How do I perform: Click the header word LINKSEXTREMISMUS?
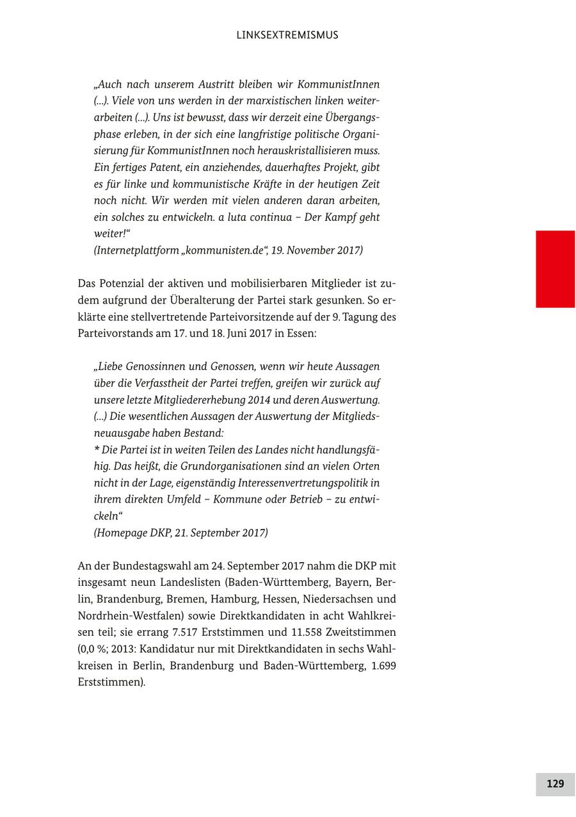coord(287,35)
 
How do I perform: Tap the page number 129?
coord(555,784)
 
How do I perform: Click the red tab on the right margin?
coord(555,269)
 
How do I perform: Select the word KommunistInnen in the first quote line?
coord(339,85)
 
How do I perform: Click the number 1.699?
coord(383,666)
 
